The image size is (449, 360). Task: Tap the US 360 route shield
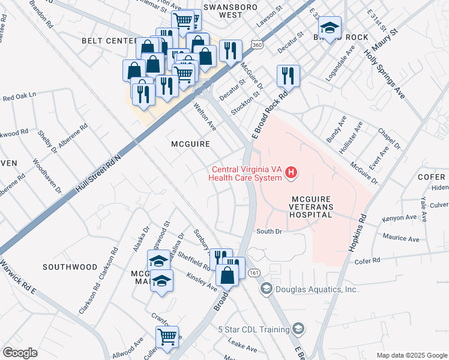(257, 46)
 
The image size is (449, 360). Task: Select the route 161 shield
(253, 274)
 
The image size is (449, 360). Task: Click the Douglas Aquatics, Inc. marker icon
(266, 289)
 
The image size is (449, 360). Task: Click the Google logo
(20, 353)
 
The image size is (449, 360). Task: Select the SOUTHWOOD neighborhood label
(70, 266)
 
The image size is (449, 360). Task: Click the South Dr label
(269, 231)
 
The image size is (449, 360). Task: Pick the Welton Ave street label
(205, 116)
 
